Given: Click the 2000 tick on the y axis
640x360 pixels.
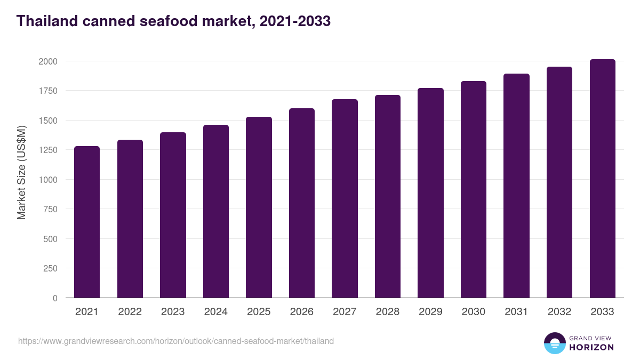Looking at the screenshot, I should (x=47, y=61).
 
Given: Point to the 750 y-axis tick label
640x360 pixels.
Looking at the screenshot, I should (x=50, y=209).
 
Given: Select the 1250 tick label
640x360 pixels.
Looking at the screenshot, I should (x=47, y=150).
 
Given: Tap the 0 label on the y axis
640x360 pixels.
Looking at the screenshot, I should (x=55, y=298).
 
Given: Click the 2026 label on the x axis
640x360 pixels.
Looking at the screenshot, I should (x=302, y=312).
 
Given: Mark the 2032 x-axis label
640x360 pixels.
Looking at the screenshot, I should (x=559, y=312).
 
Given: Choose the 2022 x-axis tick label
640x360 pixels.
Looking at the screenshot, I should (x=130, y=312).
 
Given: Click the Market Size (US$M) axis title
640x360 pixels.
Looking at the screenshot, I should (x=21, y=172).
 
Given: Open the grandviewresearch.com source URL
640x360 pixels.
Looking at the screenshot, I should (x=176, y=341).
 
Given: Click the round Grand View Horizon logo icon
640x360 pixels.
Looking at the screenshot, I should (x=554, y=343).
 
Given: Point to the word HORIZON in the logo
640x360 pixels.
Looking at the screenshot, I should (x=591, y=347).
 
